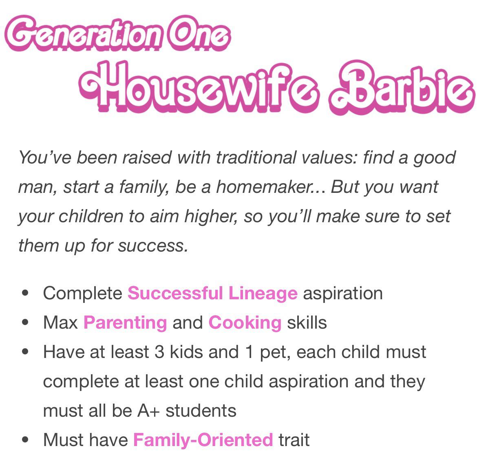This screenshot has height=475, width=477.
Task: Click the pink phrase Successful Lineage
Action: pyautogui.click(x=212, y=294)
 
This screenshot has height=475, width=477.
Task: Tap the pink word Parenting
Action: pyautogui.click(x=125, y=323)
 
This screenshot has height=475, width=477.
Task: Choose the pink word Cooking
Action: pyautogui.click(x=245, y=323)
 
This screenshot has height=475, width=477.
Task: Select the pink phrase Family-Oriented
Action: pyautogui.click(x=203, y=440)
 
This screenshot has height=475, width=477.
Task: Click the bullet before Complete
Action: pyautogui.click(x=26, y=293)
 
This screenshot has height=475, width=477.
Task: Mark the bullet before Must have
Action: pyautogui.click(x=26, y=440)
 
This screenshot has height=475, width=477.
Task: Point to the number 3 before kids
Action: pyautogui.click(x=159, y=352)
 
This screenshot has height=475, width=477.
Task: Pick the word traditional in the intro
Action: pyautogui.click(x=258, y=158)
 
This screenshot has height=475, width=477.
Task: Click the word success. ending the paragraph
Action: pyautogui.click(x=153, y=246)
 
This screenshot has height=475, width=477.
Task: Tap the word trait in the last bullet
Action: pyautogui.click(x=294, y=440)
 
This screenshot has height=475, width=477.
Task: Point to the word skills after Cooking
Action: pyautogui.click(x=307, y=323)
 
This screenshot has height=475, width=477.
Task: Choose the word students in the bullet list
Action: pyautogui.click(x=201, y=411)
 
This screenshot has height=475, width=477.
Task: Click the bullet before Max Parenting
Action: pyautogui.click(x=26, y=323)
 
